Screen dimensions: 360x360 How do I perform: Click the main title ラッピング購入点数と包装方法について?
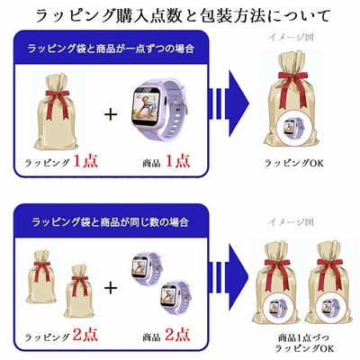click(x=183, y=15)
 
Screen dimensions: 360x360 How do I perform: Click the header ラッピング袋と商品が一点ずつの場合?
click(x=111, y=49)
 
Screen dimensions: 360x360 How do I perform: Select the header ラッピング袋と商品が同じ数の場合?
click(x=111, y=222)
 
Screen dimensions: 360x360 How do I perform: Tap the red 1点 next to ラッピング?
click(x=85, y=161)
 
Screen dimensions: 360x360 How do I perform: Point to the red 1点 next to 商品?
click(x=177, y=161)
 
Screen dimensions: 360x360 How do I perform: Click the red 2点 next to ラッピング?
click(x=85, y=335)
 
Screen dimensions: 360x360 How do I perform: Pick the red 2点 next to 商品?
click(x=177, y=335)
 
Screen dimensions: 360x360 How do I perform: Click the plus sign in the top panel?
click(x=111, y=114)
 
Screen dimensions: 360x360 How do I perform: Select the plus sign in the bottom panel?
click(x=111, y=288)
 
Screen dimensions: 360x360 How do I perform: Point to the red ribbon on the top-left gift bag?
click(x=57, y=103)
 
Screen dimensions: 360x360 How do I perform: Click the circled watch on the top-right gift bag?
click(x=293, y=128)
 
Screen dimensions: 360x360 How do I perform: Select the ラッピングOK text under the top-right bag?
click(x=294, y=163)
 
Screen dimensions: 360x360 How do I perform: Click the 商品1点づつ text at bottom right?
click(x=303, y=337)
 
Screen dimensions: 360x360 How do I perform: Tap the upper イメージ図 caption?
click(x=292, y=37)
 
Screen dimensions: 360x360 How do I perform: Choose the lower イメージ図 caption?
click(x=292, y=222)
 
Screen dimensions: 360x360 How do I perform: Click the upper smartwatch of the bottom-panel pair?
click(x=147, y=267)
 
